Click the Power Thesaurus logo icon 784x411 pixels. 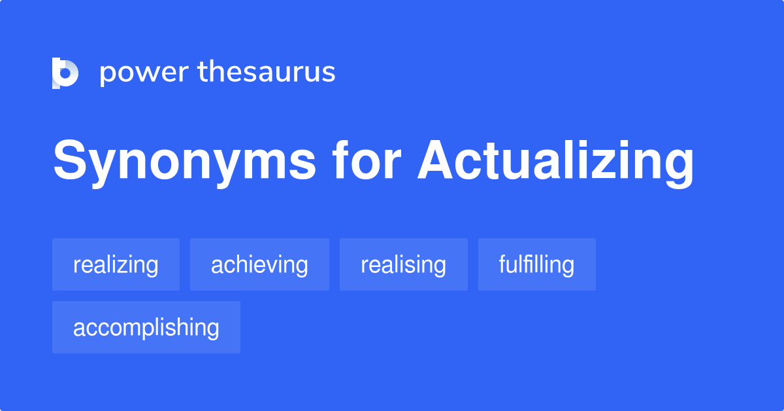[65, 73]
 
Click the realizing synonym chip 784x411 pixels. [116, 264]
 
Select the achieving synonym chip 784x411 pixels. [259, 264]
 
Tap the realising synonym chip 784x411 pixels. [403, 264]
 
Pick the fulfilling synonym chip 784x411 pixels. [536, 264]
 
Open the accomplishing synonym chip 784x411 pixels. [146, 327]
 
